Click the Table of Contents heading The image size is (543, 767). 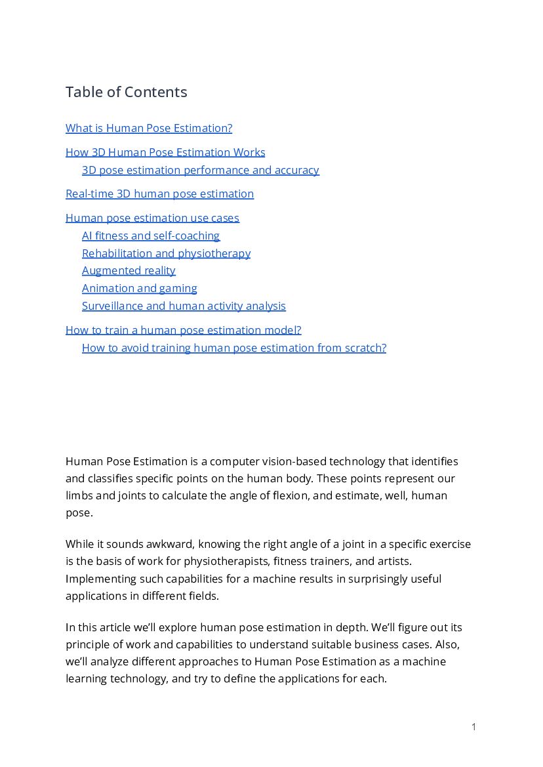(x=126, y=92)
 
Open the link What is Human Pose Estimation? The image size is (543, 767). (x=149, y=128)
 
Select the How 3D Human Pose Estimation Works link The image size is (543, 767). (x=165, y=152)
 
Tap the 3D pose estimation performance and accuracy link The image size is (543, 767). (x=200, y=170)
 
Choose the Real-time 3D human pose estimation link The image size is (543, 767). (x=159, y=194)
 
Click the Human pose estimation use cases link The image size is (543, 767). (x=152, y=218)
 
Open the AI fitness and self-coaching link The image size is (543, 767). (x=151, y=236)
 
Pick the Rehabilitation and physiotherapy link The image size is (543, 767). (x=166, y=253)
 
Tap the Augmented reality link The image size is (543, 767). (x=129, y=270)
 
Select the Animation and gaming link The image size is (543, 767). (x=139, y=288)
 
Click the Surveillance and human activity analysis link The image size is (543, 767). (x=184, y=306)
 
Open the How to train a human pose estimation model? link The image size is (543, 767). (x=183, y=330)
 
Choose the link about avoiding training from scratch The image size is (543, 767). (x=233, y=348)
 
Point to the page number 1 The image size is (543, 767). (x=473, y=726)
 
